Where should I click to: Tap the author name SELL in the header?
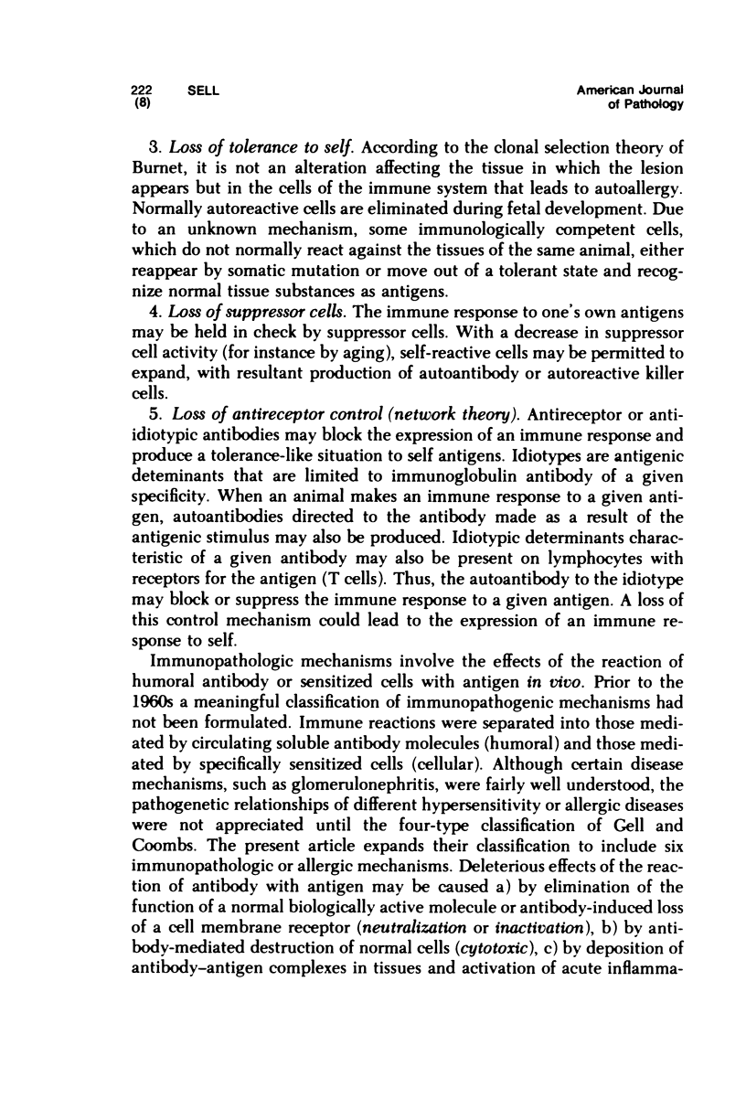[200, 90]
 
